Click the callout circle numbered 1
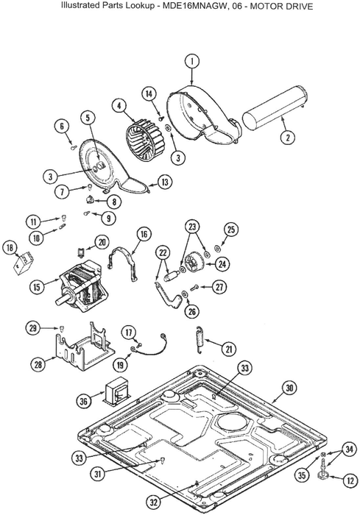click(192, 61)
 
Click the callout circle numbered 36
click(83, 401)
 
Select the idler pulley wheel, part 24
click(194, 262)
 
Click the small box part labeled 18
click(24, 263)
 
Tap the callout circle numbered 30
click(289, 388)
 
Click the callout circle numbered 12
click(350, 480)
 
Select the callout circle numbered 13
click(165, 182)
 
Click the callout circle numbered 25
click(231, 230)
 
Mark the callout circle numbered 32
click(154, 502)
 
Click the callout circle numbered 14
click(149, 94)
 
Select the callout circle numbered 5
click(88, 118)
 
